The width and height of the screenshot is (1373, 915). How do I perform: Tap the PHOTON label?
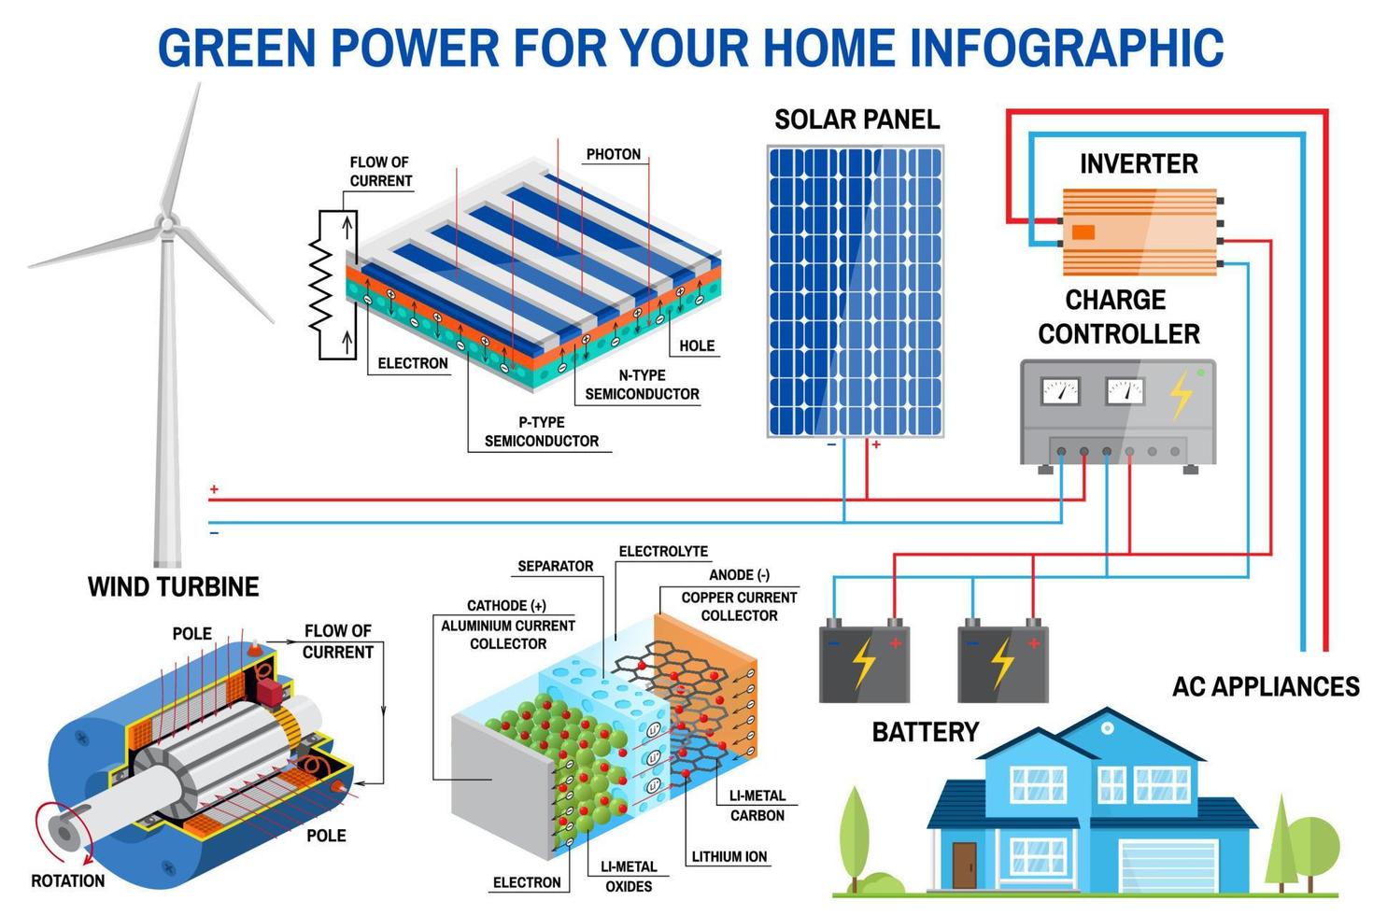point(613,154)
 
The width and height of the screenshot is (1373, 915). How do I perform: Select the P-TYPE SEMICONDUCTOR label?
point(542,431)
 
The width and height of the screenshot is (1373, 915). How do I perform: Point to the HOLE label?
point(697,345)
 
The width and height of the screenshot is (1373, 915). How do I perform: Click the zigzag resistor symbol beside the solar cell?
point(321,285)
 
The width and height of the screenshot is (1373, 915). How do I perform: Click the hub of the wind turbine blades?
point(166,223)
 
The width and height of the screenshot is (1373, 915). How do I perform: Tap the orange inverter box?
point(1139,232)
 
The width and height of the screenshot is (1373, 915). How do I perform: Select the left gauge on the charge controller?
point(1060,390)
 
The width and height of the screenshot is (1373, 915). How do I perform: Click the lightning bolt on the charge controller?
point(1182,394)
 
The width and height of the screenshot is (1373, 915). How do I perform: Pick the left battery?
point(864,664)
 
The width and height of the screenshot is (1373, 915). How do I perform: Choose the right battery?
point(1002,664)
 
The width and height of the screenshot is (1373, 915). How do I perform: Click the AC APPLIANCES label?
point(1266,687)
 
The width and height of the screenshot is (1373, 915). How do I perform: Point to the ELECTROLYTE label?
point(663,552)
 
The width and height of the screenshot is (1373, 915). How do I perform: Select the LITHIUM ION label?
point(729,856)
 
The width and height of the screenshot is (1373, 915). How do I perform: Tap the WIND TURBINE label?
point(174,587)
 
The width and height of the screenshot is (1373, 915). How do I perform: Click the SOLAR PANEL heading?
point(856,120)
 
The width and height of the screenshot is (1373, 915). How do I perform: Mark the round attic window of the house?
point(1107,727)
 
